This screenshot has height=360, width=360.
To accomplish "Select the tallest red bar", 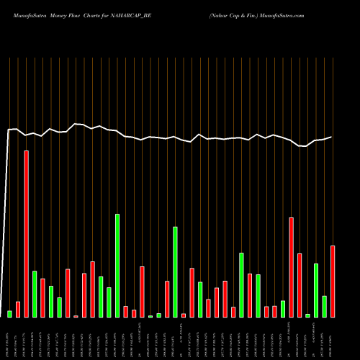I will pos(27,234).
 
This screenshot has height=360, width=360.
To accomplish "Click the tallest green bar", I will pos(117,266).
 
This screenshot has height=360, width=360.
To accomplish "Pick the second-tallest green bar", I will pos(175,272).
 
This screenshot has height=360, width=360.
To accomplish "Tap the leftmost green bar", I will pos(10,314).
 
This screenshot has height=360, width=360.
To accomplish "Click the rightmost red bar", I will pos(333,282).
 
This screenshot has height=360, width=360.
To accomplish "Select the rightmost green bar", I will pos(324,307).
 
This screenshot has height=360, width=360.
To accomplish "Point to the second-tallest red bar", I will pos(291,267).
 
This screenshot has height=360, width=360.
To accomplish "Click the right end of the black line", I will pos(332,137).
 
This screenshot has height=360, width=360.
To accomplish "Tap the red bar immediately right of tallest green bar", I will pos(125,312).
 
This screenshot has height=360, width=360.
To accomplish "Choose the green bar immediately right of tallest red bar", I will pos(35,294).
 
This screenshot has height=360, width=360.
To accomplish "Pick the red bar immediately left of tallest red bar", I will pos(18,310).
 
